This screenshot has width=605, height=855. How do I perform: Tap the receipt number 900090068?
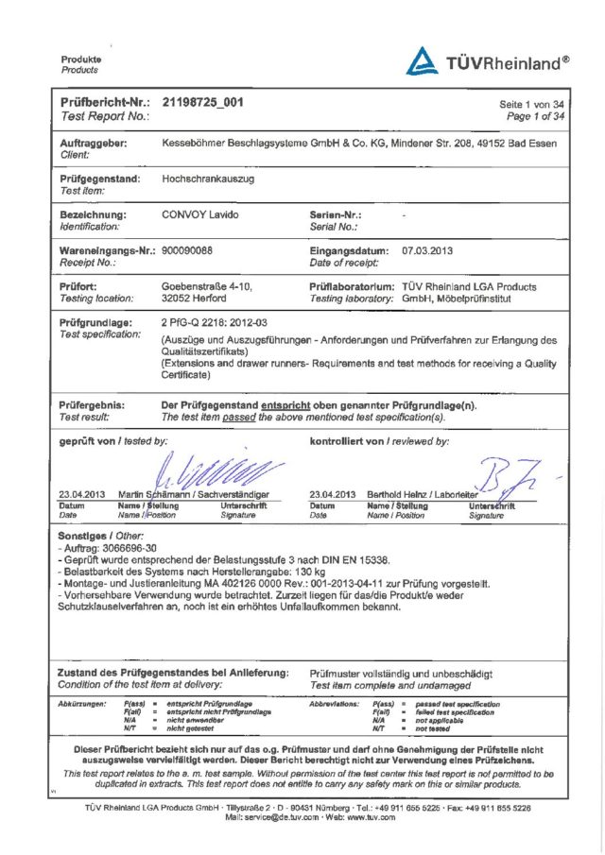coord(187,250)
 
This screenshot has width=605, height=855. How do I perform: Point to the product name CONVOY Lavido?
coord(199,215)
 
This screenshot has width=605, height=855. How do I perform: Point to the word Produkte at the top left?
coord(81,60)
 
